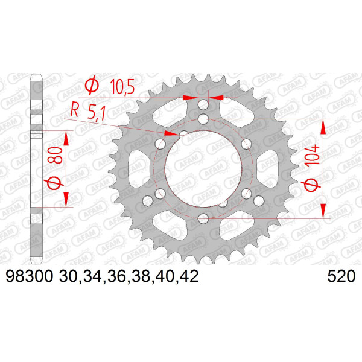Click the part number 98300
click(x=30, y=276)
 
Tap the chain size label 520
click(x=341, y=276)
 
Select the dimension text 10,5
click(x=122, y=86)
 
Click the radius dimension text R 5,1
click(x=87, y=111)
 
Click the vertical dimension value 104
click(x=313, y=154)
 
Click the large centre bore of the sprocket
click(x=203, y=168)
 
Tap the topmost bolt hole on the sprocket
click(x=203, y=105)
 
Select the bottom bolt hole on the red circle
click(x=203, y=218)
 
